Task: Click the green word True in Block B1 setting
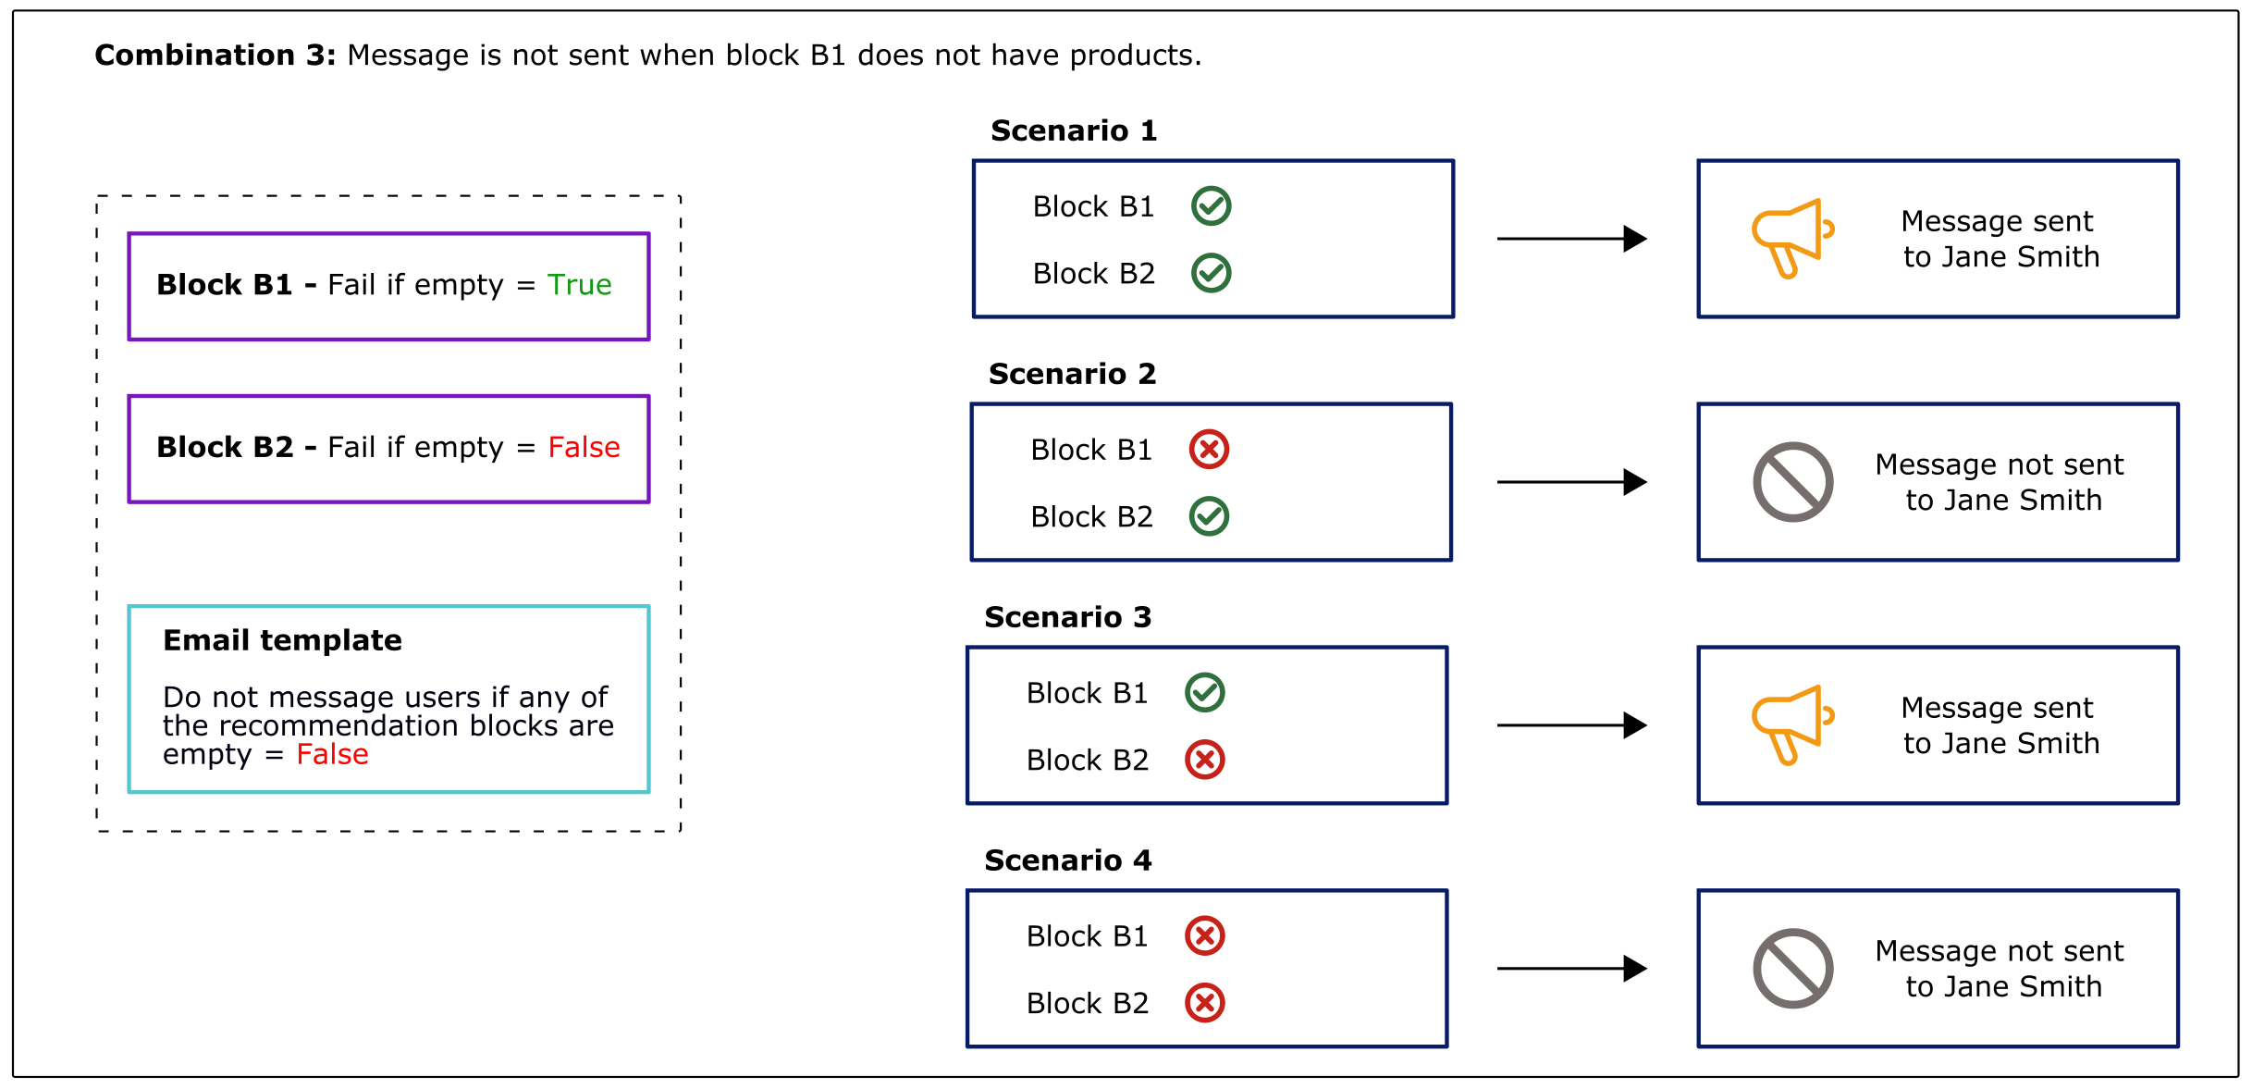pyautogui.click(x=579, y=285)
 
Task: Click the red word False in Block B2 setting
pyautogui.click(x=584, y=448)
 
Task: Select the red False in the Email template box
pyautogui.click(x=332, y=755)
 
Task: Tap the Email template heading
pyautogui.click(x=282, y=640)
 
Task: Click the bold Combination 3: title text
pyautogui.click(x=215, y=56)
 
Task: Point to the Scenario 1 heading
pyautogui.click(x=1073, y=130)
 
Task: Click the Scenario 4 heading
pyautogui.click(x=1067, y=860)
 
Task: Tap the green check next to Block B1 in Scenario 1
pyautogui.click(x=1211, y=205)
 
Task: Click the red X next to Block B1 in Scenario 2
pyautogui.click(x=1208, y=450)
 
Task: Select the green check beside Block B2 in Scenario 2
pyautogui.click(x=1208, y=516)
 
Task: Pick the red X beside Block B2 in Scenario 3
pyautogui.click(x=1204, y=760)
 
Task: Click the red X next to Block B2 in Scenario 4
pyautogui.click(x=1204, y=1003)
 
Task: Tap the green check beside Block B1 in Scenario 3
pyautogui.click(x=1204, y=693)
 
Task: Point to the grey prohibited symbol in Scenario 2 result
pyautogui.click(x=1792, y=482)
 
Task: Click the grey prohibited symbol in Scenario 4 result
pyautogui.click(x=1792, y=969)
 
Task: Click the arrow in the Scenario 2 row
pyautogui.click(x=1571, y=482)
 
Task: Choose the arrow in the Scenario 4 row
pyautogui.click(x=1571, y=969)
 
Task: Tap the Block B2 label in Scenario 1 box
pyautogui.click(x=1093, y=274)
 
